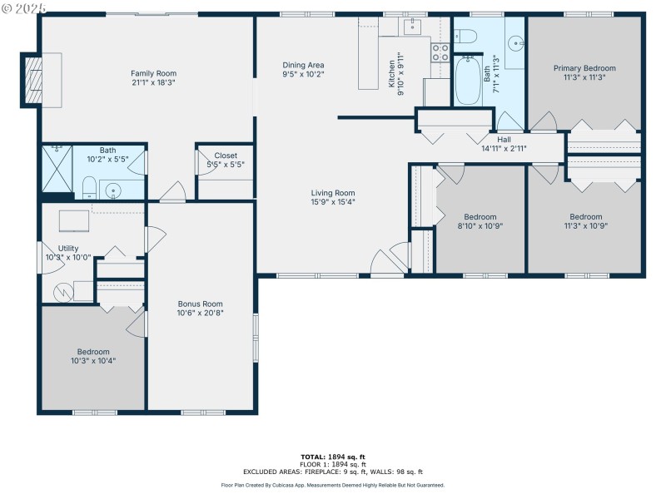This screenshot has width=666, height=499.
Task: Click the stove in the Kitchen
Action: (440, 53)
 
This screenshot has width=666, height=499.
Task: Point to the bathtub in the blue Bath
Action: (468, 81)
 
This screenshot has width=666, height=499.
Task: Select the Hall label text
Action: (504, 140)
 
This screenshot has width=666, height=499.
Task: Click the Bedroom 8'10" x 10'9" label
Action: (480, 217)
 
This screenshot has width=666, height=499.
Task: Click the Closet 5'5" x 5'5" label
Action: (226, 156)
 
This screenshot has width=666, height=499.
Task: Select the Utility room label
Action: (68, 249)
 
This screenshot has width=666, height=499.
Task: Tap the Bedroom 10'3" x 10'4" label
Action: (93, 352)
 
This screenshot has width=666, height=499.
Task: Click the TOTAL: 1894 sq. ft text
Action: (332, 457)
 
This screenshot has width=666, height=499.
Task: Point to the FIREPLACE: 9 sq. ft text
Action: (353, 472)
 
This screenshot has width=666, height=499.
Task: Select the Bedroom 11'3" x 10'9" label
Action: (585, 217)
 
